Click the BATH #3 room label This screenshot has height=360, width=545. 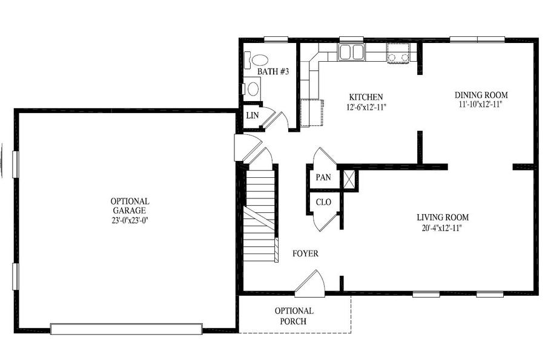click(273, 71)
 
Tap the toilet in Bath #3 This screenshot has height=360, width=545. click(257, 60)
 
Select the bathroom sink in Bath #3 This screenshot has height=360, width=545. click(253, 89)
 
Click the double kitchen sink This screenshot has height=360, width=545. click(351, 53)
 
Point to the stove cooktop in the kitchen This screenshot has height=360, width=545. click(398, 53)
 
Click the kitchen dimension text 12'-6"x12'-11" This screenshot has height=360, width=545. click(366, 107)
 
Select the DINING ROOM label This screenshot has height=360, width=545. click(481, 95)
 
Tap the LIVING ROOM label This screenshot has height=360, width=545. click(443, 217)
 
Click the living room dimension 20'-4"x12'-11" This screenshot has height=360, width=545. click(443, 228)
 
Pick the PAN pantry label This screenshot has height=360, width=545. click(323, 177)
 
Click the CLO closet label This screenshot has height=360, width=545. click(323, 202)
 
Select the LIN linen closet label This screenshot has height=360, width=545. click(253, 115)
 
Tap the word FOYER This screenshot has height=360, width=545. click(305, 254)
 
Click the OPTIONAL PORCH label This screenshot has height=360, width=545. click(294, 316)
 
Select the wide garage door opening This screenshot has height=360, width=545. click(127, 329)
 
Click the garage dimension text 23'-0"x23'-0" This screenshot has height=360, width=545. click(130, 220)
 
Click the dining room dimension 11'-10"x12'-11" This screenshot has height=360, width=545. click(481, 105)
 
